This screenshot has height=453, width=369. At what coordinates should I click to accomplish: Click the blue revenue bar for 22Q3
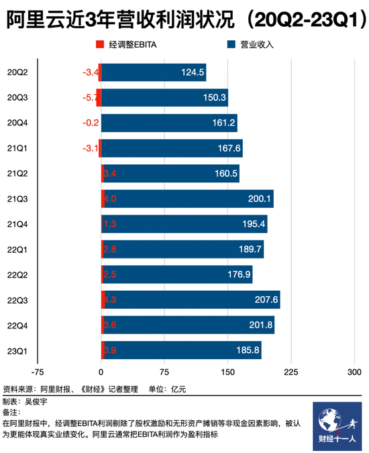click(x=191, y=300)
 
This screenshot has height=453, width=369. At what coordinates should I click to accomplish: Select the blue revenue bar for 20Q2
click(x=154, y=72)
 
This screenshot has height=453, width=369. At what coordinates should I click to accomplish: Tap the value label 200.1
click(x=258, y=199)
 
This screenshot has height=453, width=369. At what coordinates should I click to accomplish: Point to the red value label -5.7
click(x=89, y=98)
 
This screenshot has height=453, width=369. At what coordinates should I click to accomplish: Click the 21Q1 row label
click(x=17, y=148)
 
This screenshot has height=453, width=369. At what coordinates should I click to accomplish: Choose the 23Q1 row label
click(x=17, y=350)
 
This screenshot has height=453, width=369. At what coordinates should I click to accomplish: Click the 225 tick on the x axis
click(x=291, y=373)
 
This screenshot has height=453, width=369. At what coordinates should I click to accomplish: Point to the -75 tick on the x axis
click(x=38, y=373)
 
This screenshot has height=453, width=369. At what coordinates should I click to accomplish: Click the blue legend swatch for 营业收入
click(x=230, y=45)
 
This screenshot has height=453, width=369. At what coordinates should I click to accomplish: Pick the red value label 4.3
click(x=111, y=300)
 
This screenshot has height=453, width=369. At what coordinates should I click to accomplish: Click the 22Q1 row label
click(x=17, y=249)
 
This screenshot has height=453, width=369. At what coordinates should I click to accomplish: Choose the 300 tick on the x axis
click(x=354, y=373)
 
